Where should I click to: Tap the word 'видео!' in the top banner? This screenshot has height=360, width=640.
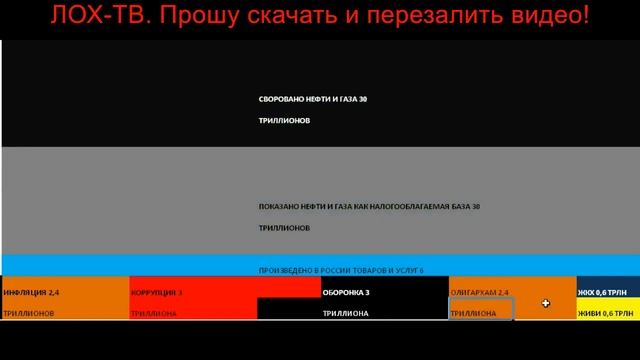pos(549,17)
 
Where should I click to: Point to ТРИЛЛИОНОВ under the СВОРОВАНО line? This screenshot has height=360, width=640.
pos(284,120)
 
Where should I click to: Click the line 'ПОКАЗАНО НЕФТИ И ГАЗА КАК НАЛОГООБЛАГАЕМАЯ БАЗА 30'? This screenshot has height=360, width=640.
pos(369,207)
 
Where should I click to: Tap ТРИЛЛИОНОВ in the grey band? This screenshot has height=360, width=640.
pos(284,228)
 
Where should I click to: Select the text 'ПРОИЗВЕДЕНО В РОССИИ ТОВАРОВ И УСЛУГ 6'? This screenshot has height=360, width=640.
pos(341,271)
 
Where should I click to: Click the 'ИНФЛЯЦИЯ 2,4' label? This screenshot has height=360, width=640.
pos(31,292)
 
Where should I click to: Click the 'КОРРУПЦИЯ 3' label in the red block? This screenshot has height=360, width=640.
pos(157,292)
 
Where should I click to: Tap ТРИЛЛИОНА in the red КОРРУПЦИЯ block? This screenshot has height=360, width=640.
pos(154,313)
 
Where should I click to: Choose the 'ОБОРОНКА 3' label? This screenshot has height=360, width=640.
pos(346,292)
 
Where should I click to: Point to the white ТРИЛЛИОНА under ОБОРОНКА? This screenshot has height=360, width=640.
pos(345,313)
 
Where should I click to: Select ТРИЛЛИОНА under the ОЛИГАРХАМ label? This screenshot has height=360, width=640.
pos(473,313)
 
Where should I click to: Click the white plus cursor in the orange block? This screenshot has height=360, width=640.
pos(546,303)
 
